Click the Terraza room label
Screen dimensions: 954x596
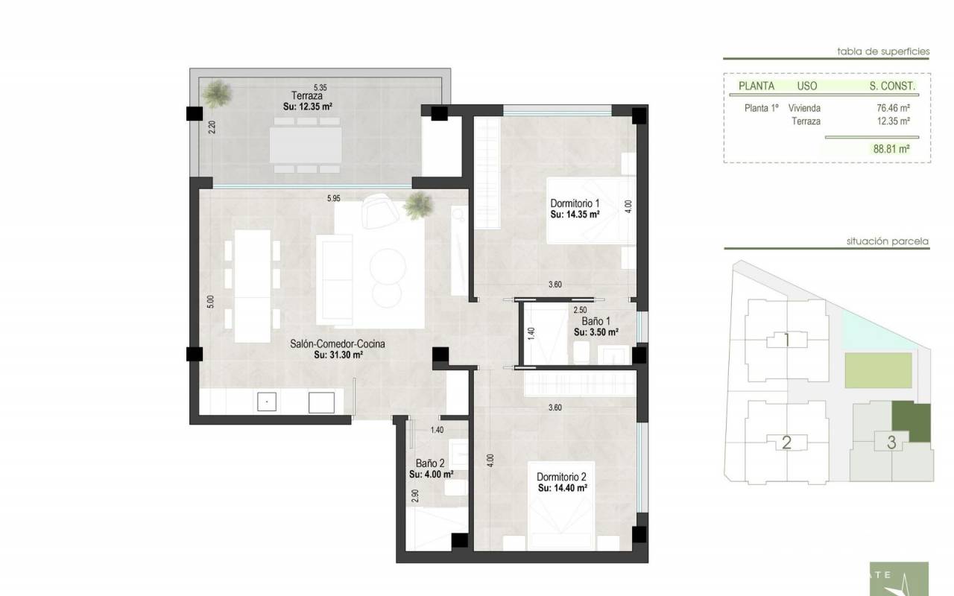click(x=306, y=96)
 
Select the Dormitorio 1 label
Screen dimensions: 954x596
click(x=575, y=203)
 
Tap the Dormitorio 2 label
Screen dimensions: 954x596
click(x=561, y=477)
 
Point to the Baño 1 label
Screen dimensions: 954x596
click(x=596, y=321)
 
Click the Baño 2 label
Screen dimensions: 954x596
click(x=430, y=463)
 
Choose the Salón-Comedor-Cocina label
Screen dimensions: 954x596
click(x=338, y=343)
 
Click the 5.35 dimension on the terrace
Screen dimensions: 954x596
click(x=320, y=87)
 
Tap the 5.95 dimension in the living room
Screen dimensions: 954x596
click(x=333, y=198)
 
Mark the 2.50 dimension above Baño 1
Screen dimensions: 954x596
click(x=580, y=310)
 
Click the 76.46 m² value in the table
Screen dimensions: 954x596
click(x=893, y=108)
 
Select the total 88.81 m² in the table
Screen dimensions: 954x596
click(x=891, y=148)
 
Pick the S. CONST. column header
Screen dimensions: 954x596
click(x=892, y=86)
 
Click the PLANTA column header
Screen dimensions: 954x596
click(x=756, y=86)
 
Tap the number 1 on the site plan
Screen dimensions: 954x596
click(x=786, y=340)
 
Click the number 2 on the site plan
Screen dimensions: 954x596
click(x=786, y=443)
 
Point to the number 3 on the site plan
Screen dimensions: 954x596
click(x=891, y=443)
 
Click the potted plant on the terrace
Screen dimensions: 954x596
click(x=217, y=93)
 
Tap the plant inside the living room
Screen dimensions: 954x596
click(x=419, y=206)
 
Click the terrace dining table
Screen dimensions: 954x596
click(x=306, y=145)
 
